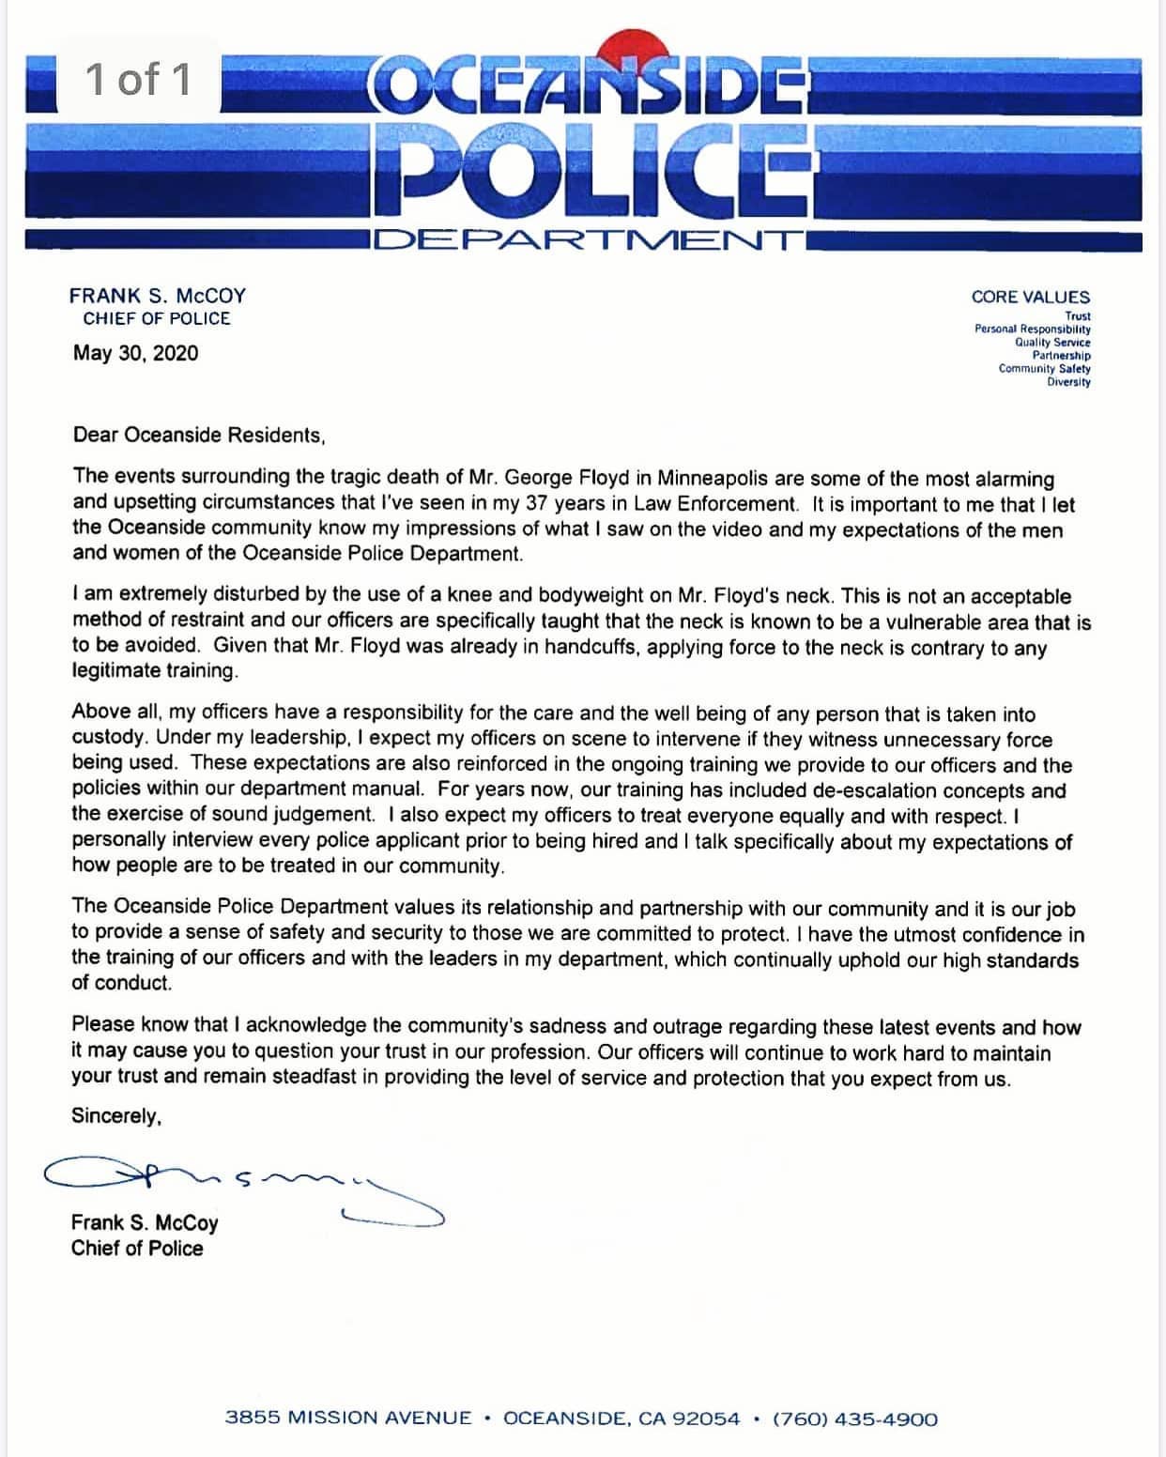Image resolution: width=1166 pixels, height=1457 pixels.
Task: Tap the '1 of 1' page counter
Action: (137, 79)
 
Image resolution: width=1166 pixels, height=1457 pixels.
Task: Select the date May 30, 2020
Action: (135, 354)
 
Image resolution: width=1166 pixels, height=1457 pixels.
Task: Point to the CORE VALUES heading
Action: (1030, 297)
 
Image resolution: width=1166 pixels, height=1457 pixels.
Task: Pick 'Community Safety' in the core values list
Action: (1044, 369)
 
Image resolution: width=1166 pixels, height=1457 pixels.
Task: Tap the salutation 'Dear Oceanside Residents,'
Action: (199, 436)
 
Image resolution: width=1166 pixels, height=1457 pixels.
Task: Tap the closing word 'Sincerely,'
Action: (116, 1116)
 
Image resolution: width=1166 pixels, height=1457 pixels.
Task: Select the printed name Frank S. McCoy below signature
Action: (145, 1222)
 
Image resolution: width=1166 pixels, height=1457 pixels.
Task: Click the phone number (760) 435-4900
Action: (854, 1419)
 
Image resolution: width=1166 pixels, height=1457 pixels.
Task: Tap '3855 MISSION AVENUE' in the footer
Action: (348, 1419)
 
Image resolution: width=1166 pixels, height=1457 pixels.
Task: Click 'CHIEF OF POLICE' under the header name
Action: (156, 319)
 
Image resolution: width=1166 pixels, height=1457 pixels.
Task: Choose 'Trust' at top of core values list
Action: (1077, 316)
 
